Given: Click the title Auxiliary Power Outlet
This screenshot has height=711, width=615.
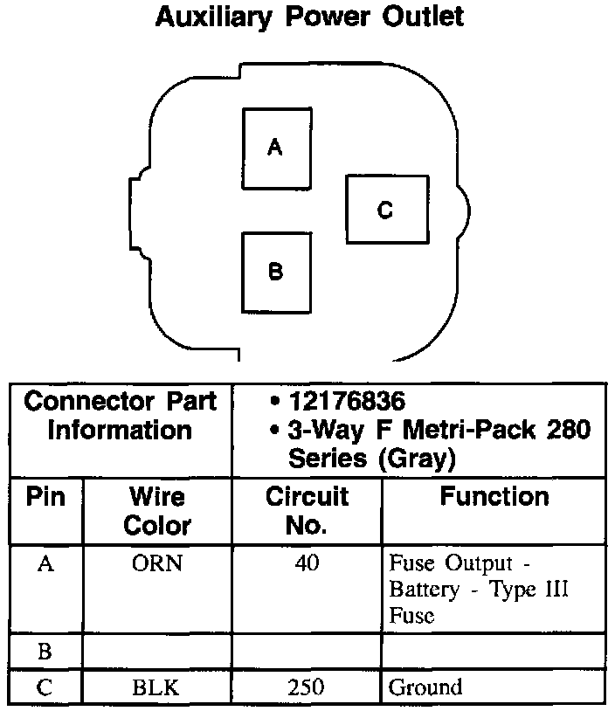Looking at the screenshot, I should (309, 17).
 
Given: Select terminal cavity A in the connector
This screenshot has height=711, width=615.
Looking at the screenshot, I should (275, 148).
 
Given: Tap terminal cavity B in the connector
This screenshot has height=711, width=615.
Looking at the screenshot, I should (275, 272).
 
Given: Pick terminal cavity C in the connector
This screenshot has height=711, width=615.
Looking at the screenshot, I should (385, 210).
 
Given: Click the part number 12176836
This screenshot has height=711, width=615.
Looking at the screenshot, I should (349, 403).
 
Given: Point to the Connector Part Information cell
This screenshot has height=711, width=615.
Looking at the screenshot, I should (121, 417).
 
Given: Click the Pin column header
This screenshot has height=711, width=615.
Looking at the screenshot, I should (45, 497).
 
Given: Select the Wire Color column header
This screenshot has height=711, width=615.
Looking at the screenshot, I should (157, 511).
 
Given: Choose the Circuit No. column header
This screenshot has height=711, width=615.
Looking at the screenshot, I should (307, 511).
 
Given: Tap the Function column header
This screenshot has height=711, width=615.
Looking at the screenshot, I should (494, 497).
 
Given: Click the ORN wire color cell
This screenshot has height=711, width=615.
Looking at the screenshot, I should (157, 563).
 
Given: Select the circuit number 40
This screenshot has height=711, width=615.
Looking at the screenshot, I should (307, 563).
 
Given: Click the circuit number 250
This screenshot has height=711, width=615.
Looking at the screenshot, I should (307, 687).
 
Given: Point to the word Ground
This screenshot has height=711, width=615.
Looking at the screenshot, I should (425, 687).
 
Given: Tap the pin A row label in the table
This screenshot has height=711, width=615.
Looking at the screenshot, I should (45, 563).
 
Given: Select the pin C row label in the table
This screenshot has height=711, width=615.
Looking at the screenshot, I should (45, 687).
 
